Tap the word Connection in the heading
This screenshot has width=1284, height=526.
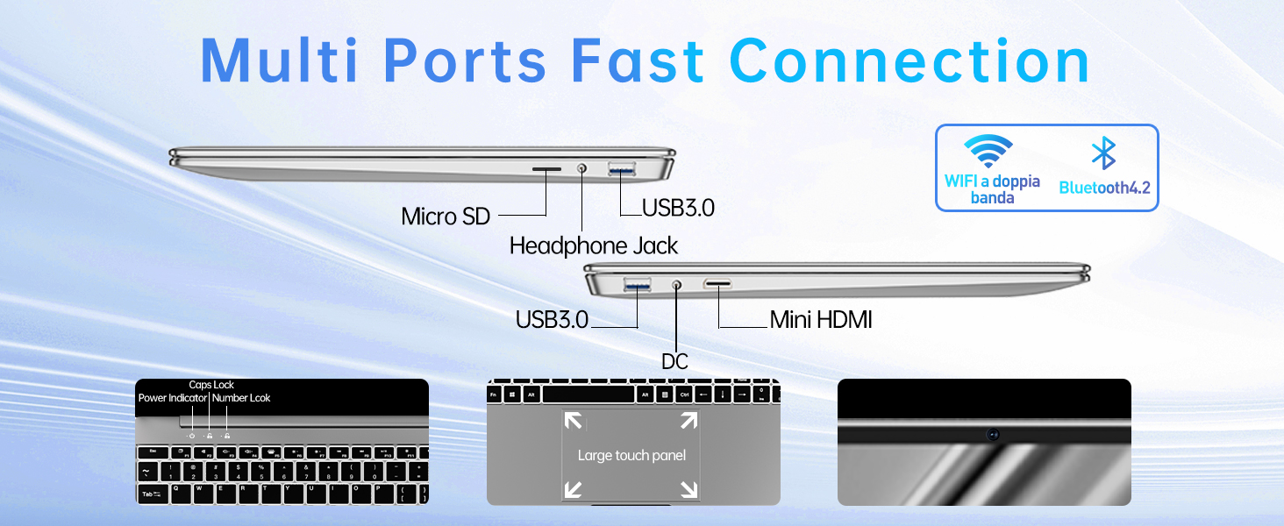click(909, 60)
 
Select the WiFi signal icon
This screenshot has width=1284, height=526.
click(990, 152)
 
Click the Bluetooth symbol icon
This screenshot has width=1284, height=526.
click(1102, 153)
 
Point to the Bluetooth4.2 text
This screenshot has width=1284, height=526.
click(1104, 188)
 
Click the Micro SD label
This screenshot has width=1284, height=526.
click(445, 216)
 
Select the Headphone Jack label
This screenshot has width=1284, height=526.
click(594, 245)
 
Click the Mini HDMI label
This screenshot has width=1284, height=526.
click(821, 320)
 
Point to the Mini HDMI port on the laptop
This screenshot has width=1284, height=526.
click(718, 284)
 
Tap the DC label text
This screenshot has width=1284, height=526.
click(675, 361)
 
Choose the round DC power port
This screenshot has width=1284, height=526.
click(676, 284)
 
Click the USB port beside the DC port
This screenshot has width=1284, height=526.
click(637, 284)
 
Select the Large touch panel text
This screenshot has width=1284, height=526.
click(631, 455)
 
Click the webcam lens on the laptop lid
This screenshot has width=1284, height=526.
click(993, 434)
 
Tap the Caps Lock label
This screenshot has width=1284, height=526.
click(211, 385)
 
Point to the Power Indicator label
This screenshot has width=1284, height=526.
click(173, 398)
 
